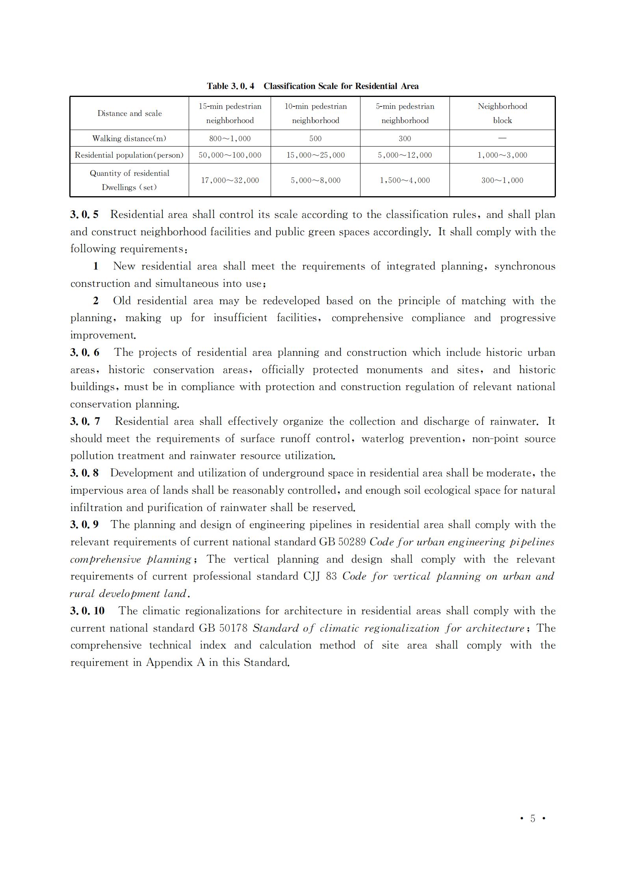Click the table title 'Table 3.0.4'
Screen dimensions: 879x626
click(230, 86)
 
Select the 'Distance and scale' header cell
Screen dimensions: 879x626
click(130, 113)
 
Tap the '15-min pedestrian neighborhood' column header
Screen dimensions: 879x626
click(230, 113)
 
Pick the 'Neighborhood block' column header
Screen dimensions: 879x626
click(502, 113)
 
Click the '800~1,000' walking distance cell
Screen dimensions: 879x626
click(230, 139)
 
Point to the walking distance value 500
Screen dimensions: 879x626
click(315, 139)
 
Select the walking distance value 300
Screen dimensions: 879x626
click(405, 139)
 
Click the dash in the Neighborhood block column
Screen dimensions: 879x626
click(502, 138)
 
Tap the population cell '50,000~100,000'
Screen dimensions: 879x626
click(230, 155)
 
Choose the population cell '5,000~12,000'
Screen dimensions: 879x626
click(405, 155)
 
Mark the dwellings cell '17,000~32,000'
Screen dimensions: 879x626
click(230, 180)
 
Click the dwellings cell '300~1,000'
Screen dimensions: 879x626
click(502, 180)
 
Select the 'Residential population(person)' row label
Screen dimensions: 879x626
click(129, 155)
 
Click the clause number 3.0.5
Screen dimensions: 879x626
click(84, 215)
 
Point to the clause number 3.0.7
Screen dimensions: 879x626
click(85, 422)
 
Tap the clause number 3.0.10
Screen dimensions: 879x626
click(87, 611)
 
